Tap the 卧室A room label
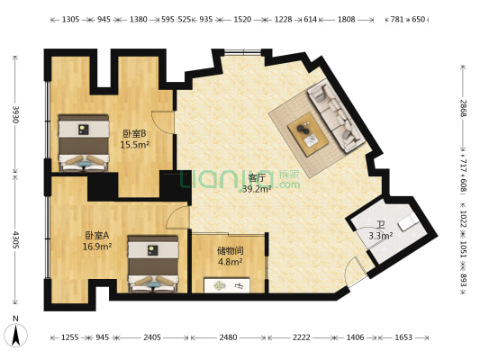tap(96, 235)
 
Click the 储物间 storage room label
tap(230, 251)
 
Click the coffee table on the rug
tap(307, 134)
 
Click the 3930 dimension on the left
tap(15, 114)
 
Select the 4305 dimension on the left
tap(15, 241)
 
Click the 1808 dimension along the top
tap(346, 19)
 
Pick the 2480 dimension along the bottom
tap(228, 337)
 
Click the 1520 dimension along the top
tap(242, 19)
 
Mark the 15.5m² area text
tap(134, 144)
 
